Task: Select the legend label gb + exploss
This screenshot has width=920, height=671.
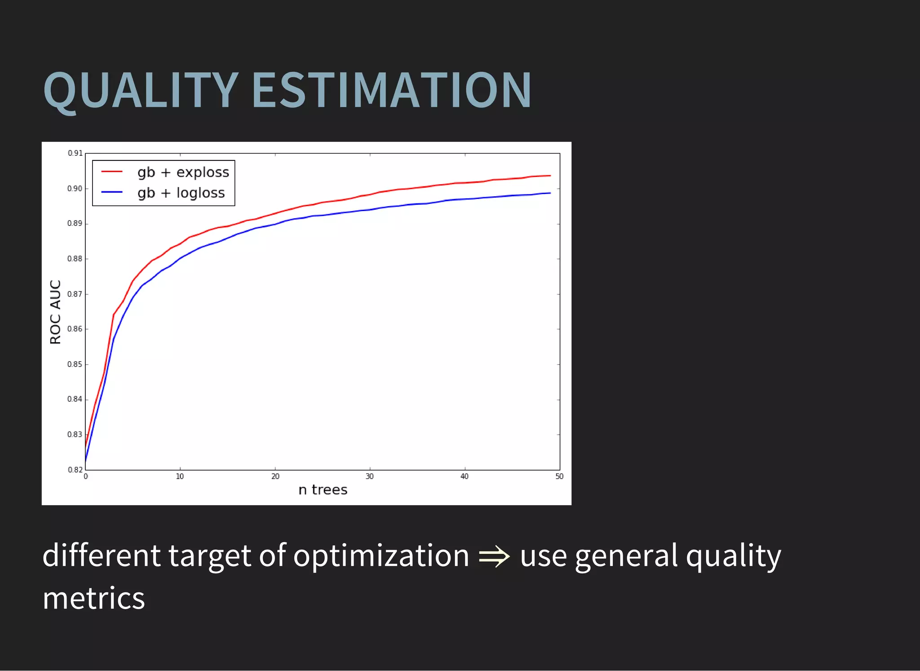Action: point(183,172)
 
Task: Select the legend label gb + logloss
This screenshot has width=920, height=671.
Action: point(181,193)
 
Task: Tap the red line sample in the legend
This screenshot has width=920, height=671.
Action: point(112,172)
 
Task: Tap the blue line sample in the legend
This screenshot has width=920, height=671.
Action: point(112,192)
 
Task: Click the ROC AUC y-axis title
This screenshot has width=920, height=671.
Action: point(55,312)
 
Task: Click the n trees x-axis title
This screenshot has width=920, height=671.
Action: point(323,490)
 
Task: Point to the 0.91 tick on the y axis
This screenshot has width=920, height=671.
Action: point(75,153)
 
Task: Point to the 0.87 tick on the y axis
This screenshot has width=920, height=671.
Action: point(75,294)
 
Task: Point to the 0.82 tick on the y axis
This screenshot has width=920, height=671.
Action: point(75,470)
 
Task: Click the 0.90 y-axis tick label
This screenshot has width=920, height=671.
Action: point(75,189)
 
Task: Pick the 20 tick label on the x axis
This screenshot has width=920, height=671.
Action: point(275,477)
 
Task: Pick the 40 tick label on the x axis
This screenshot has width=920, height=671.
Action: point(464,477)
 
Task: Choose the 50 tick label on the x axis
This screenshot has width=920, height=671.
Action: point(559,477)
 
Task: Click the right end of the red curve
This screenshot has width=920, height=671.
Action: point(550,176)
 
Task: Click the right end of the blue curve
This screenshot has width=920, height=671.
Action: point(550,193)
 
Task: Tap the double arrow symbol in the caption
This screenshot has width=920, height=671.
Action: point(494,557)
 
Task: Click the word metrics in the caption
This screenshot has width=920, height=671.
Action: point(93,598)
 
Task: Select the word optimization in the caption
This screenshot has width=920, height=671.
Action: point(381,556)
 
